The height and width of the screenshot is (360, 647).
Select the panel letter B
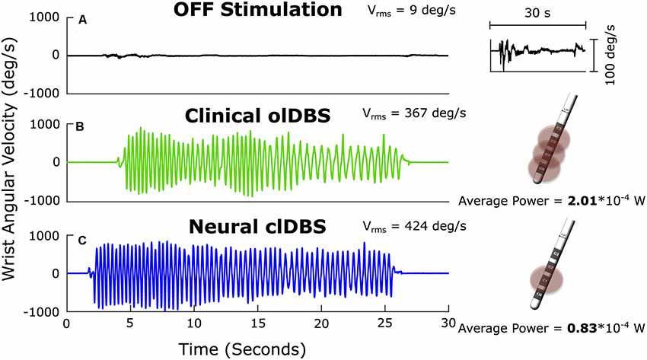(x=81, y=129)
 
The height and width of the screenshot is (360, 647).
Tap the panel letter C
(x=81, y=241)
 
